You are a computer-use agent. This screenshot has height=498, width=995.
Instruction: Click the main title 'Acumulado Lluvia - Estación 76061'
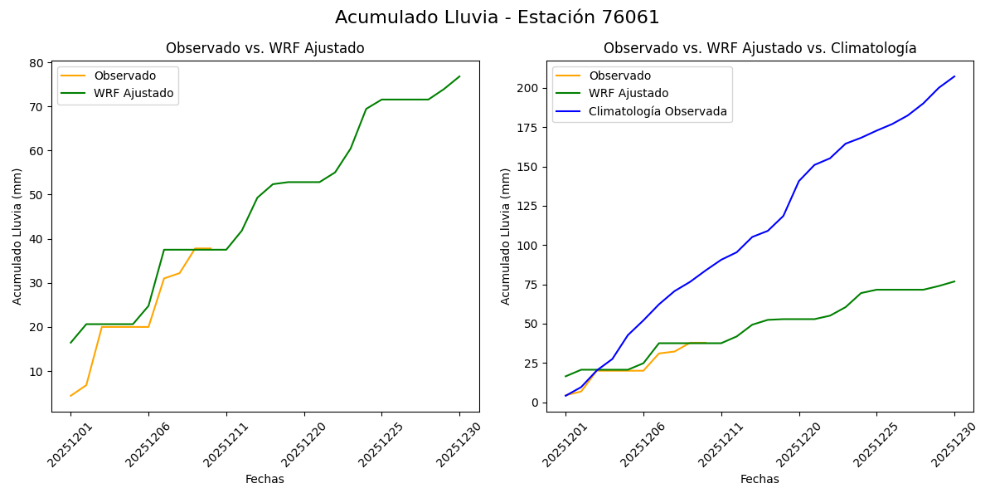click(x=497, y=17)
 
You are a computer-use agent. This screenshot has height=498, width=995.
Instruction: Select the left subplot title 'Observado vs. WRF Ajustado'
click(x=265, y=48)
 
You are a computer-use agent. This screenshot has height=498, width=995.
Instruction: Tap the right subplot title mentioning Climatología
click(x=760, y=48)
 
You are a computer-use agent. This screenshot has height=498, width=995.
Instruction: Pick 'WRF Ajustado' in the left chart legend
click(x=133, y=93)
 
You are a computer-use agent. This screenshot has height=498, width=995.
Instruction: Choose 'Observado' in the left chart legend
click(x=124, y=76)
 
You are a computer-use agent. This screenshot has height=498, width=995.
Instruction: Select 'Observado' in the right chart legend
click(x=619, y=76)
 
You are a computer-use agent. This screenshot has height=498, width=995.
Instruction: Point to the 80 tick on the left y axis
click(x=36, y=63)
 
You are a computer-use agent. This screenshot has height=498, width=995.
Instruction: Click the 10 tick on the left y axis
click(x=36, y=371)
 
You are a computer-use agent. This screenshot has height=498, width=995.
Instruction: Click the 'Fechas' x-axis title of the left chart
click(x=265, y=479)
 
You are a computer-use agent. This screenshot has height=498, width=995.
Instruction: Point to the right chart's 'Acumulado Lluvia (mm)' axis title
click(x=506, y=236)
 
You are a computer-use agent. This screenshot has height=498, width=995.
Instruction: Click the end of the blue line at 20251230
click(x=954, y=76)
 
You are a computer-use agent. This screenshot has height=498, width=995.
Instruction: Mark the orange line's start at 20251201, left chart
click(x=70, y=395)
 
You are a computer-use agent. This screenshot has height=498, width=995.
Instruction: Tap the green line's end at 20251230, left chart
click(x=459, y=76)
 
